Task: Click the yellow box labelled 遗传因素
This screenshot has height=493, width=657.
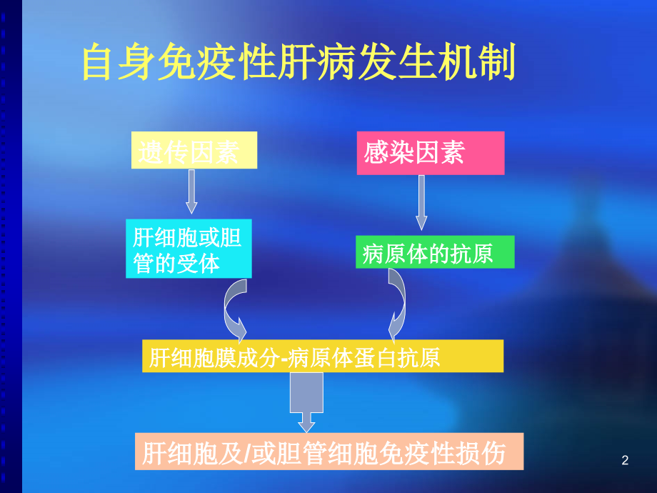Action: click(x=194, y=151)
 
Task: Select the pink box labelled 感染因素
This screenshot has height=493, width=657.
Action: click(x=430, y=152)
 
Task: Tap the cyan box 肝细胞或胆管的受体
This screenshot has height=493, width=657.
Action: click(x=189, y=249)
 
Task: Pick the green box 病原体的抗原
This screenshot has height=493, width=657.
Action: click(x=434, y=254)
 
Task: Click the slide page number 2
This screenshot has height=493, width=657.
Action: click(x=626, y=461)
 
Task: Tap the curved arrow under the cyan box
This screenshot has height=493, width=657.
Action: click(x=236, y=311)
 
